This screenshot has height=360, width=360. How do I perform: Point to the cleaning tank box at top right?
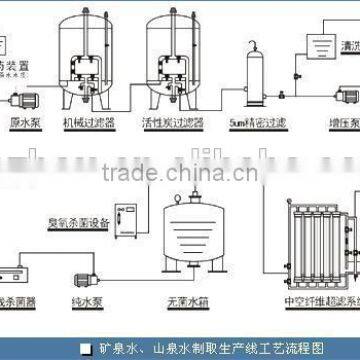coord(317,45)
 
